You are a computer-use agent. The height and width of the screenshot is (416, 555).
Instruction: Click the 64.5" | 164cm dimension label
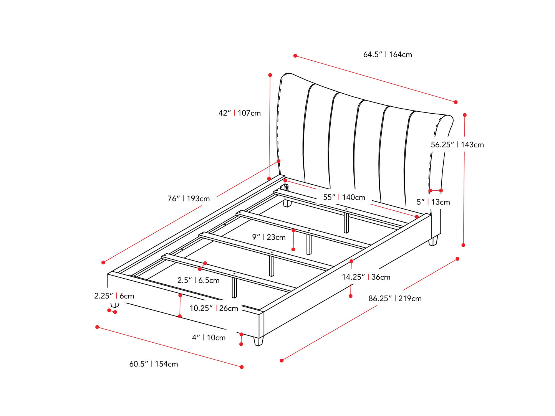[x=388, y=54]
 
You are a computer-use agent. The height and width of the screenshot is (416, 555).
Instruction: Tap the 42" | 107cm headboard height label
[x=239, y=113]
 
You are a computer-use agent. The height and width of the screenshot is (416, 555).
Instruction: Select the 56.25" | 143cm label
[x=457, y=145]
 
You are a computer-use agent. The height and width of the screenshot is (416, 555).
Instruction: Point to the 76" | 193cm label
[x=189, y=198]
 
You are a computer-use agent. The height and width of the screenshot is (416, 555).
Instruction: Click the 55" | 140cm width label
[x=344, y=197]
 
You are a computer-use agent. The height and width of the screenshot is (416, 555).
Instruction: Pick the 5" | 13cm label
[x=433, y=202]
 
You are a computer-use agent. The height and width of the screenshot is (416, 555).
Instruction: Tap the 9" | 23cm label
[x=268, y=237]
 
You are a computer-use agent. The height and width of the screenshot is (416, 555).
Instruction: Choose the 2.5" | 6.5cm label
[x=198, y=280]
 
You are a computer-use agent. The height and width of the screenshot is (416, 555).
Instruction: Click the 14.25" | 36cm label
[x=366, y=277]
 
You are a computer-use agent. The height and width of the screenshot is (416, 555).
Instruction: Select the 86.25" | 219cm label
[x=395, y=298]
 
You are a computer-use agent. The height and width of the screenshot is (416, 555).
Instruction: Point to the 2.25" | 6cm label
[x=114, y=296]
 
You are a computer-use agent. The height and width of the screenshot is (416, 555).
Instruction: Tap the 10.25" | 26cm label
[x=214, y=308]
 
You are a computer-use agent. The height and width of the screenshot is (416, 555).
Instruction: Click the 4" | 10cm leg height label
[x=209, y=337]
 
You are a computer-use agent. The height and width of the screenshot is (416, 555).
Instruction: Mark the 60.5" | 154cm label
[x=154, y=364]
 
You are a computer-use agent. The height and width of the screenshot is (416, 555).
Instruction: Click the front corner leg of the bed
[x=258, y=341]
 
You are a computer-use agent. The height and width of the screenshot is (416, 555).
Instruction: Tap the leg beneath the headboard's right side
[x=433, y=241]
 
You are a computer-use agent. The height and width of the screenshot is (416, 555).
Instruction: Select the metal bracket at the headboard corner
[x=285, y=188]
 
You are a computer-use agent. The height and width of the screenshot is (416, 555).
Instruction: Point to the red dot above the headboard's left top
[x=270, y=75]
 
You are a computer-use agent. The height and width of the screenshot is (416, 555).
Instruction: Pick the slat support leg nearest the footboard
[x=234, y=287]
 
